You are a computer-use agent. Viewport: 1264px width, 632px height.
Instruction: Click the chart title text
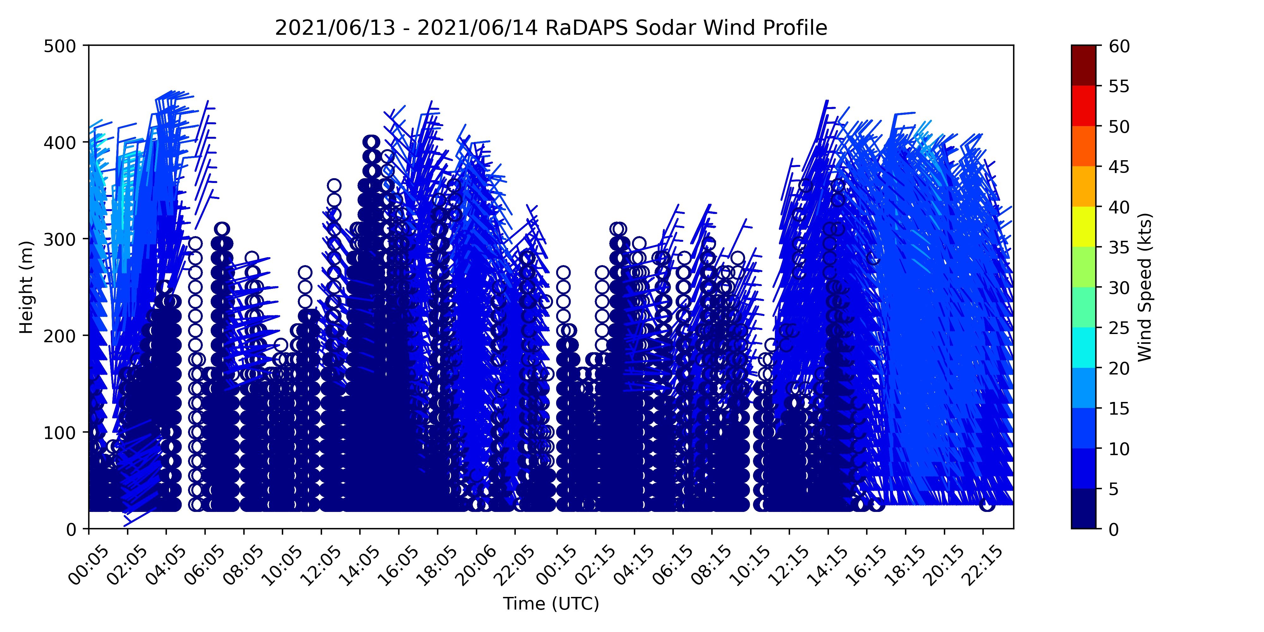pyautogui.click(x=551, y=28)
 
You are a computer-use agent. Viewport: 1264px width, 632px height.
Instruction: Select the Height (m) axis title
pyautogui.click(x=27, y=287)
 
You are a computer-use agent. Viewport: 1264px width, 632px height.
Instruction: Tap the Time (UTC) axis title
pyautogui.click(x=551, y=604)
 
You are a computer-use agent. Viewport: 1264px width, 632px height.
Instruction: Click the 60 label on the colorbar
pyautogui.click(x=1119, y=46)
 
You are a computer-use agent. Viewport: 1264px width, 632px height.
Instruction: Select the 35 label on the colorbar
pyautogui.click(x=1119, y=247)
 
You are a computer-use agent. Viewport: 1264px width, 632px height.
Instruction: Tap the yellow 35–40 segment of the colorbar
pyautogui.click(x=1084, y=227)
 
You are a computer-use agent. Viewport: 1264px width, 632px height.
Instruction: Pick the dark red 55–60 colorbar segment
pyautogui.click(x=1084, y=66)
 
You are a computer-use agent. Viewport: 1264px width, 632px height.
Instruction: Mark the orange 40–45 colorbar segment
pyautogui.click(x=1084, y=186)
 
